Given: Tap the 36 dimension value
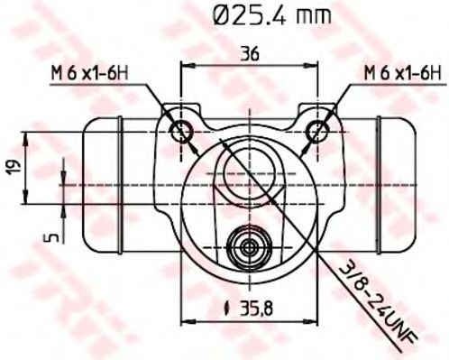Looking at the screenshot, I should [x=251, y=53].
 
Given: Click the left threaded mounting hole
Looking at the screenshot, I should [x=184, y=129].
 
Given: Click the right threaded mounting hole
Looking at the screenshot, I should [x=317, y=129].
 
